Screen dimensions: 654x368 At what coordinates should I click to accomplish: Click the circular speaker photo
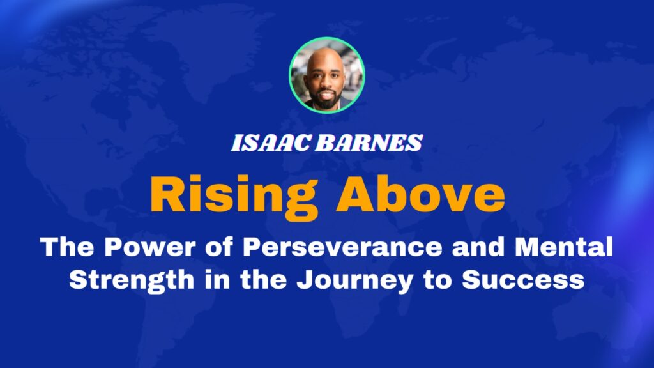(326, 75)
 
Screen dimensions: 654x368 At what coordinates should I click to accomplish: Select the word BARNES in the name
(369, 142)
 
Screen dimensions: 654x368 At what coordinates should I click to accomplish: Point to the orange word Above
(420, 194)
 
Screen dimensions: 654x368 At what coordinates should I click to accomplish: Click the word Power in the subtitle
(149, 247)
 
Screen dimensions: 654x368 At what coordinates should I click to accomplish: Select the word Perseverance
(342, 247)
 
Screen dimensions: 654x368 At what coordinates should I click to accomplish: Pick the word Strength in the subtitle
(132, 280)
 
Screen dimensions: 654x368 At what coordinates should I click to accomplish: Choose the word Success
(523, 280)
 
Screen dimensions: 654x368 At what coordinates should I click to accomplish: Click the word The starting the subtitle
(67, 247)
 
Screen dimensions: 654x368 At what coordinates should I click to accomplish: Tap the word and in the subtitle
(478, 247)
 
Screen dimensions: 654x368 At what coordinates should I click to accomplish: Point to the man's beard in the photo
(324, 101)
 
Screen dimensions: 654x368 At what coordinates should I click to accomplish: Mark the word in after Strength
(217, 280)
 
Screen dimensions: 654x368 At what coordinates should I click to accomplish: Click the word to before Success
(437, 280)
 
